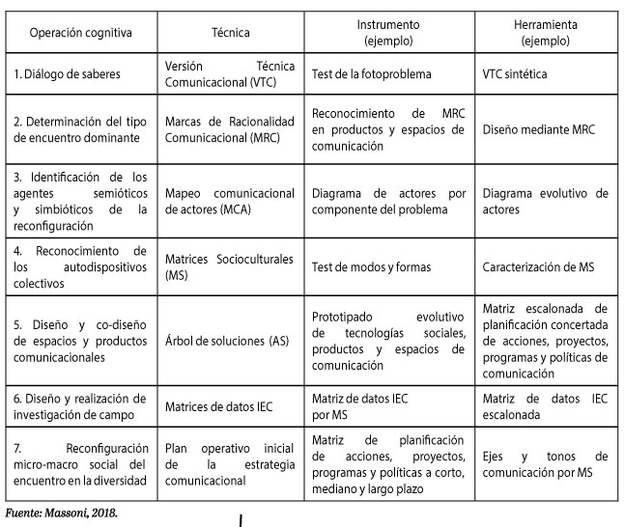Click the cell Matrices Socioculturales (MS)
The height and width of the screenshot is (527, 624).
coord(230,265)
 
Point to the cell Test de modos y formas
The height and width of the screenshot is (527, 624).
coord(371,265)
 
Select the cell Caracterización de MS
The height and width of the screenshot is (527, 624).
coord(539,265)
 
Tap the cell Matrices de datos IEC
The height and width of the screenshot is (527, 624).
coord(219,406)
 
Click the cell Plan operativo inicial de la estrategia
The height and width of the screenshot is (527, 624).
coord(230,462)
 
